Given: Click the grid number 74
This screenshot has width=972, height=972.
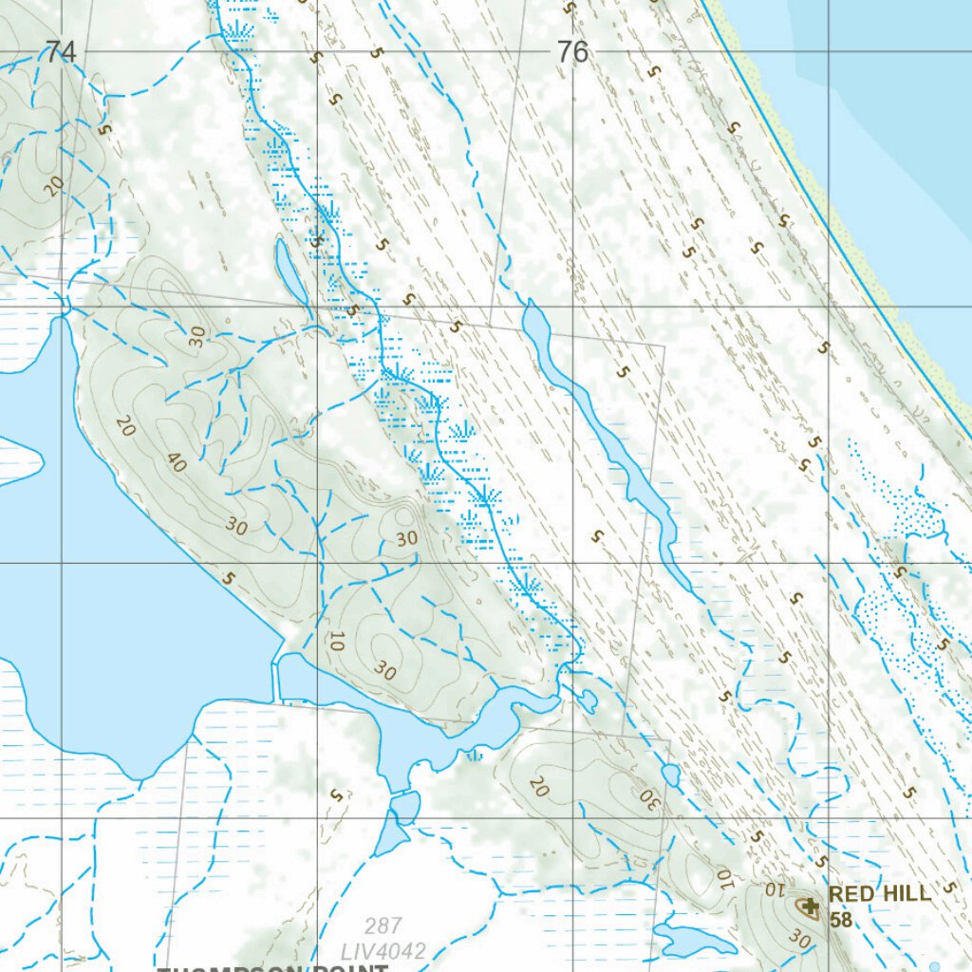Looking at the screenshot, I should [x=59, y=52].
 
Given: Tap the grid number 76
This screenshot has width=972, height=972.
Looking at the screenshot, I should [x=572, y=52].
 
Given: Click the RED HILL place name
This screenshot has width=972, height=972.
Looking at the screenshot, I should [x=879, y=894].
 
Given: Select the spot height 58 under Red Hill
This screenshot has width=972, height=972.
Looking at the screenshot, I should [x=840, y=920].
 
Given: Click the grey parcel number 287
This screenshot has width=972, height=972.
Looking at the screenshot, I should [x=383, y=925].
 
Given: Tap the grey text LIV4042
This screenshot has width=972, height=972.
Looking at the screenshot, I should [x=384, y=950].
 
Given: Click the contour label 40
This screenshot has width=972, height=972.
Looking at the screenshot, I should [x=176, y=462].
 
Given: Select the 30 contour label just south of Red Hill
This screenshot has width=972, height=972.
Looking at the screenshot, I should [x=799, y=939].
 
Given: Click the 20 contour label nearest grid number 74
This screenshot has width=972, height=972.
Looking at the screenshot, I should [x=54, y=185].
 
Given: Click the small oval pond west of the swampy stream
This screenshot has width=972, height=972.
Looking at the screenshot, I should [x=290, y=271].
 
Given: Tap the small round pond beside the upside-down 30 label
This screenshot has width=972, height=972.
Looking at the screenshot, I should [x=671, y=776].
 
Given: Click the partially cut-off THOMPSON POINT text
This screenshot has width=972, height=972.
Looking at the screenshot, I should [x=275, y=967].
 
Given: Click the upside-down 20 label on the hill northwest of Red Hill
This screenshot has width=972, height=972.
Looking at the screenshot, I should [x=539, y=786].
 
